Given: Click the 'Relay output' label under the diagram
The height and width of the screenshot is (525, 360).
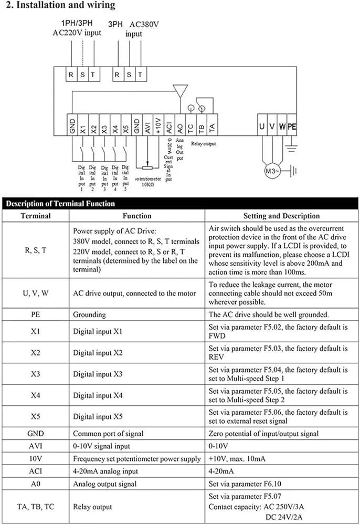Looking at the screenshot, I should coord(203,143).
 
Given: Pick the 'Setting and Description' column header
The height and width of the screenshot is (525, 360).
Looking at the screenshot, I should coord(281,216).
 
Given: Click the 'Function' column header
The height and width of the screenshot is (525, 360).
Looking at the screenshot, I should coord(137,216).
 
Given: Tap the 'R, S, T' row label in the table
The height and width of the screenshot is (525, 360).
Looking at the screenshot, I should coord(36,250).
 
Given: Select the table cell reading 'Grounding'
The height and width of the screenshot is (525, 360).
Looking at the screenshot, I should coord(89,314).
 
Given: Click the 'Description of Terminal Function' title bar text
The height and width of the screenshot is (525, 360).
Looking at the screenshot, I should coord(60,204).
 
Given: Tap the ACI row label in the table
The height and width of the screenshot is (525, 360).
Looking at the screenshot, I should coord(36,471).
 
